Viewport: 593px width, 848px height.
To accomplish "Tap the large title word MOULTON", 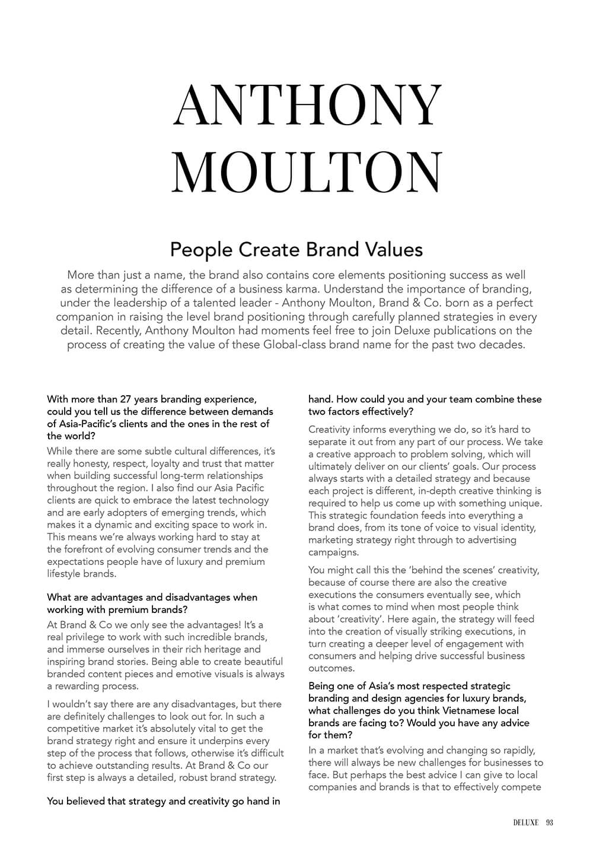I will [x=308, y=171].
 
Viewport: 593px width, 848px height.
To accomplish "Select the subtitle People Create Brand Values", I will [x=296, y=249].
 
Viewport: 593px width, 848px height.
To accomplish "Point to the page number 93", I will [x=549, y=822].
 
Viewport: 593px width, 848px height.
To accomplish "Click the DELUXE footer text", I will [x=525, y=822].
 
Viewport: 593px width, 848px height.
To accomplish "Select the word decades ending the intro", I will [x=502, y=345].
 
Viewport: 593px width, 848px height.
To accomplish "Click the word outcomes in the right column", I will [x=330, y=668].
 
